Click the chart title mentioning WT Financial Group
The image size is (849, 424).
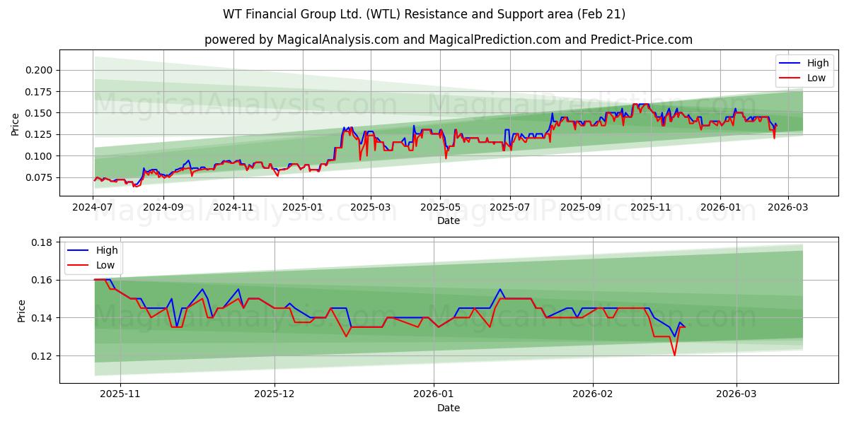pos(424,14)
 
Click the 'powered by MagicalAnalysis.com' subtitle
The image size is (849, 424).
pos(449,40)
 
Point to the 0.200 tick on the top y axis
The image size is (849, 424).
pos(39,70)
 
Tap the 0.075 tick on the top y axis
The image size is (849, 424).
pos(39,177)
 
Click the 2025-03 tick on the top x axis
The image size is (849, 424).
pos(371,208)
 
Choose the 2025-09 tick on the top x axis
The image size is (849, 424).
pos(580,208)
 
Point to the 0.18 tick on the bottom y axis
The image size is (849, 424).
pos(42,242)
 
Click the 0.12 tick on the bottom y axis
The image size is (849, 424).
pos(42,356)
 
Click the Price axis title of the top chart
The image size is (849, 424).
pos(16,124)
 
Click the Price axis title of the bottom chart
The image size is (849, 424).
pos(21,311)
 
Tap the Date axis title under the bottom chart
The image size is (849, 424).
pos(449,408)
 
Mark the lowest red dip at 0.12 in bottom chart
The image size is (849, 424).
pos(674,355)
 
